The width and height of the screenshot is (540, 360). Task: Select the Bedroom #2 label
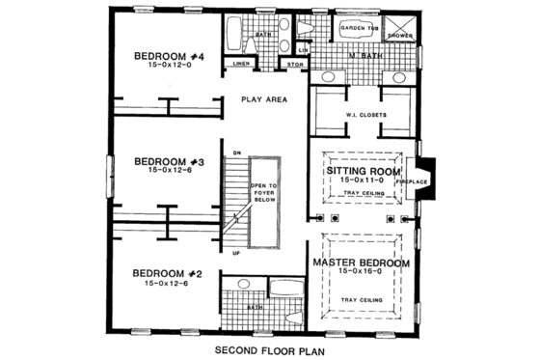[165, 273]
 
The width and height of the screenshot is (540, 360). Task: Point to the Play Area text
[263, 98]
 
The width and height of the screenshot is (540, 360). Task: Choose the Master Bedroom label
[362, 263]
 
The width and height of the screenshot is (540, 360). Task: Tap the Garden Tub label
[361, 29]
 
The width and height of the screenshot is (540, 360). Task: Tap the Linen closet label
[242, 65]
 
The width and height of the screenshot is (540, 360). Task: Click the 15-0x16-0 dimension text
[362, 273]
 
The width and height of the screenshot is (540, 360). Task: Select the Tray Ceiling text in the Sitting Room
[363, 193]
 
